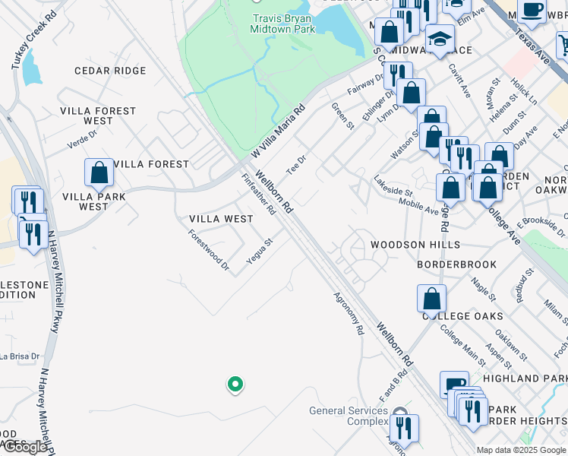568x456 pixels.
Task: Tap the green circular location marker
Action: coord(235,385)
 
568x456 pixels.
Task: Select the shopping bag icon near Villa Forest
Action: coord(99,173)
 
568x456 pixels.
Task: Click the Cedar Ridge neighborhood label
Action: coord(110,71)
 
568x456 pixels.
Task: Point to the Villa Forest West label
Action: coord(98,116)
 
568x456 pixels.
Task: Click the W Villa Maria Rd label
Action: coord(277,131)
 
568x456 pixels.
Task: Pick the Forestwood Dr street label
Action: coord(209,250)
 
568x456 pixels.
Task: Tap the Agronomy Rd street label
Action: coord(349,315)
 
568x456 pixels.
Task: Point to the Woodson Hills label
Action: coord(415,245)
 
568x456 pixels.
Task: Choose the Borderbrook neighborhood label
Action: coord(457,264)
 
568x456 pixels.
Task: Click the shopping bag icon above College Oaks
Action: coord(431,298)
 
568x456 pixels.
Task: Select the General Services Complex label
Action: coord(349,416)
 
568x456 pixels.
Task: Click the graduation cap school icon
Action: coord(440,38)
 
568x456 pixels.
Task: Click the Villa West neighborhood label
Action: coord(221,219)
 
